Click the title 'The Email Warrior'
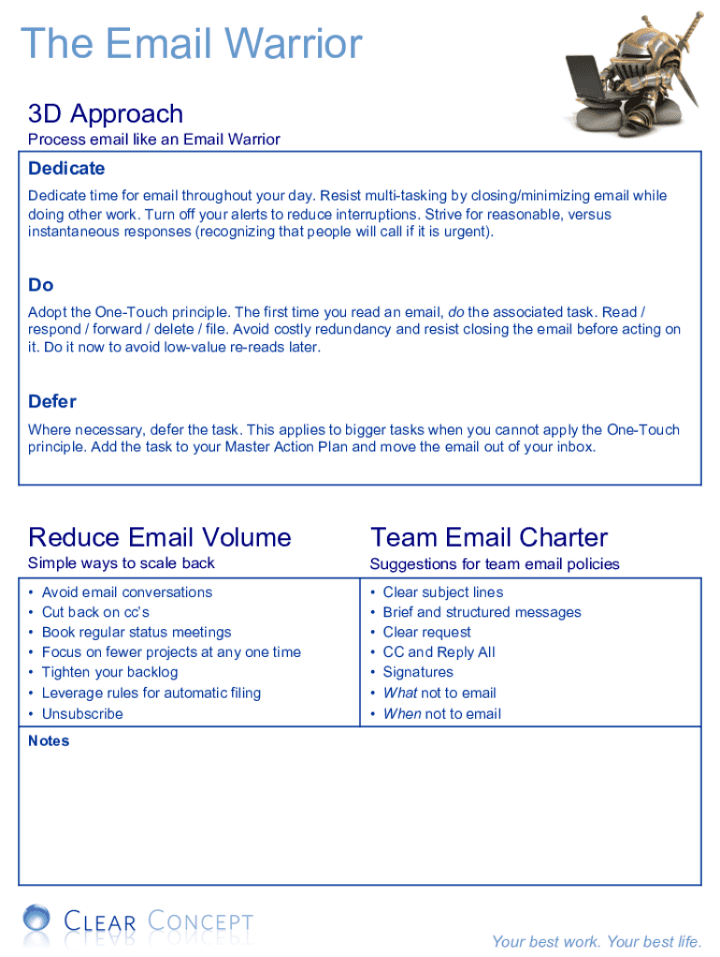click(x=192, y=44)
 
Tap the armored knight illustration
click(x=636, y=75)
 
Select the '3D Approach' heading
click(x=106, y=114)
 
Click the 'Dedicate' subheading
click(x=66, y=168)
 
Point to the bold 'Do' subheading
click(x=41, y=285)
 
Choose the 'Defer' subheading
click(x=52, y=402)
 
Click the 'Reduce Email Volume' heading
click(x=160, y=537)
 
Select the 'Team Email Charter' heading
click(x=489, y=537)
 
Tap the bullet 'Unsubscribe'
click(x=82, y=714)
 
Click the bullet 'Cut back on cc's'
click(x=95, y=612)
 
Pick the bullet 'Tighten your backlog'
click(x=109, y=672)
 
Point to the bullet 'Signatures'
click(x=418, y=672)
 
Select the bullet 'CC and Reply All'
click(x=439, y=652)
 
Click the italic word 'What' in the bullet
click(x=399, y=693)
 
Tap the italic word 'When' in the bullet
click(x=401, y=714)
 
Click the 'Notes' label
click(x=49, y=741)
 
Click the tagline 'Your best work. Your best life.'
click(x=597, y=941)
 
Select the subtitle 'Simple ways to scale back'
click(x=122, y=563)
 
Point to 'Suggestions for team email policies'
click(x=495, y=564)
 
